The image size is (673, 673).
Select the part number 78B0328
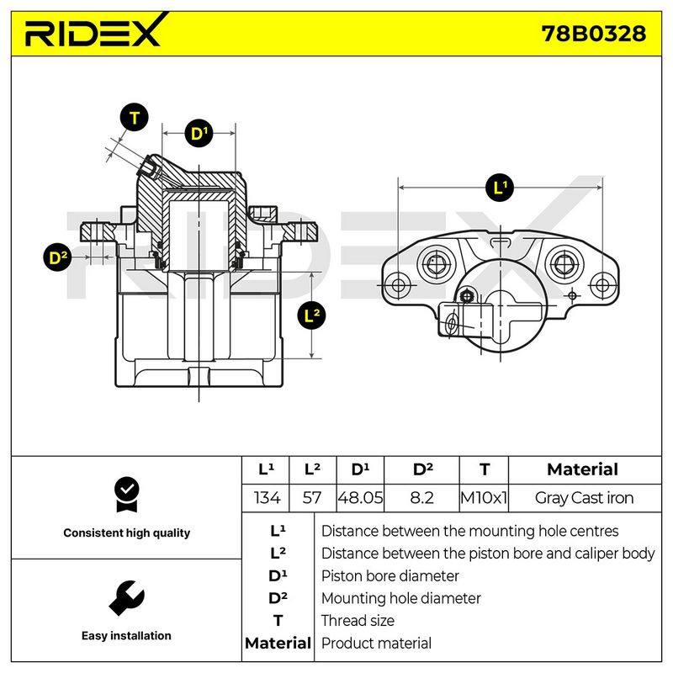click(594, 34)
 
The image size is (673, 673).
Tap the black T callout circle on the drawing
click(135, 117)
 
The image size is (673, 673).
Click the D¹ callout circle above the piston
click(199, 133)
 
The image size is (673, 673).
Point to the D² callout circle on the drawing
click(58, 257)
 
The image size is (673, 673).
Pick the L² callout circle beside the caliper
click(311, 315)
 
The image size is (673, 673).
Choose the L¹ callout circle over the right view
click(500, 188)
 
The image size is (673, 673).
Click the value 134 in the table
click(267, 498)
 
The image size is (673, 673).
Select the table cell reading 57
click(312, 498)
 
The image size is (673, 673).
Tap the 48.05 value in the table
click(360, 498)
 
